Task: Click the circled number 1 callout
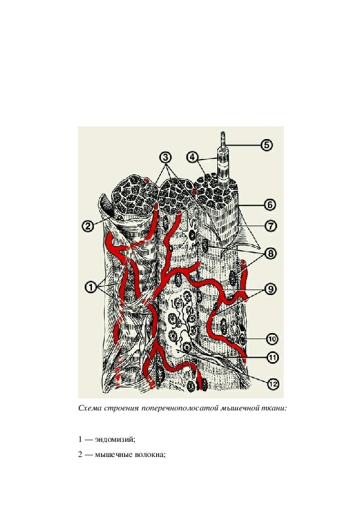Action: pyautogui.click(x=91, y=287)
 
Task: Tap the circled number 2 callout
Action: pyautogui.click(x=88, y=225)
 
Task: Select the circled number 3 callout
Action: pyautogui.click(x=165, y=157)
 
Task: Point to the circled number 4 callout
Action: pyautogui.click(x=192, y=157)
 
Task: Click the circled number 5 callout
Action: pyautogui.click(x=266, y=144)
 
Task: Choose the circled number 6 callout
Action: pyautogui.click(x=270, y=205)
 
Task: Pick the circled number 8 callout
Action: pyautogui.click(x=270, y=253)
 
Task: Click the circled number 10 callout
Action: pyautogui.click(x=272, y=339)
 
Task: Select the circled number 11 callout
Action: pyautogui.click(x=272, y=357)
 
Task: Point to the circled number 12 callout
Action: pyautogui.click(x=273, y=384)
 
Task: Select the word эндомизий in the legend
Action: pyautogui.click(x=115, y=440)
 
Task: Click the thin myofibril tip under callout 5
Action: pyautogui.click(x=223, y=133)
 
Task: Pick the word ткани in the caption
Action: pyautogui.click(x=275, y=408)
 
